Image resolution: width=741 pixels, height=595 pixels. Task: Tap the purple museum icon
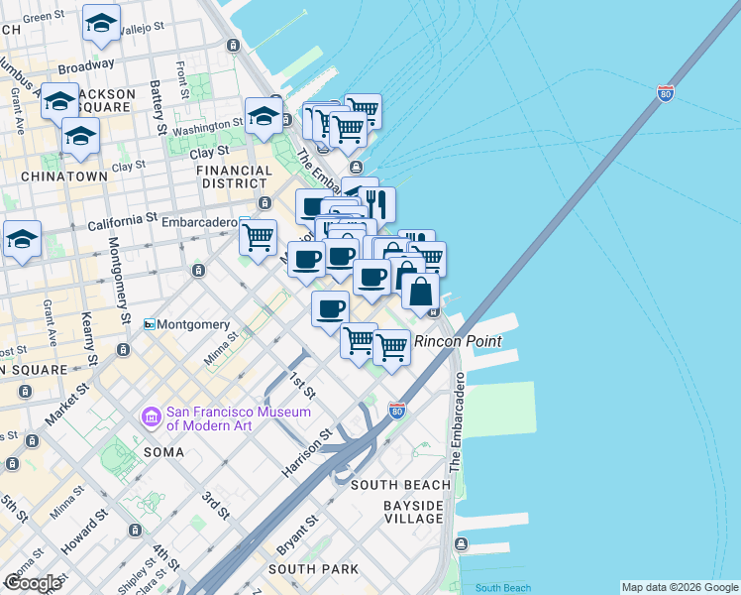click(x=152, y=417)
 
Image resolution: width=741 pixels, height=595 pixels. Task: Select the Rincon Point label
click(x=458, y=341)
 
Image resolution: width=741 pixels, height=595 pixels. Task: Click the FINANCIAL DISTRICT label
click(x=235, y=177)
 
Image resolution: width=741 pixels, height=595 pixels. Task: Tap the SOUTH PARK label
click(x=313, y=569)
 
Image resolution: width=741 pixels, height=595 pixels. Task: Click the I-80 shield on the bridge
click(x=666, y=95)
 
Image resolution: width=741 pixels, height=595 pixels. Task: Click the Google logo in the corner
click(x=33, y=583)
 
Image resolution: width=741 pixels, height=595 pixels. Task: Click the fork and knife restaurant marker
click(x=376, y=204)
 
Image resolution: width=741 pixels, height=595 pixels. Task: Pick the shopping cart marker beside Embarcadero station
click(x=258, y=237)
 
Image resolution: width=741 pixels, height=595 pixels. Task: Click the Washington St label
click(x=208, y=129)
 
